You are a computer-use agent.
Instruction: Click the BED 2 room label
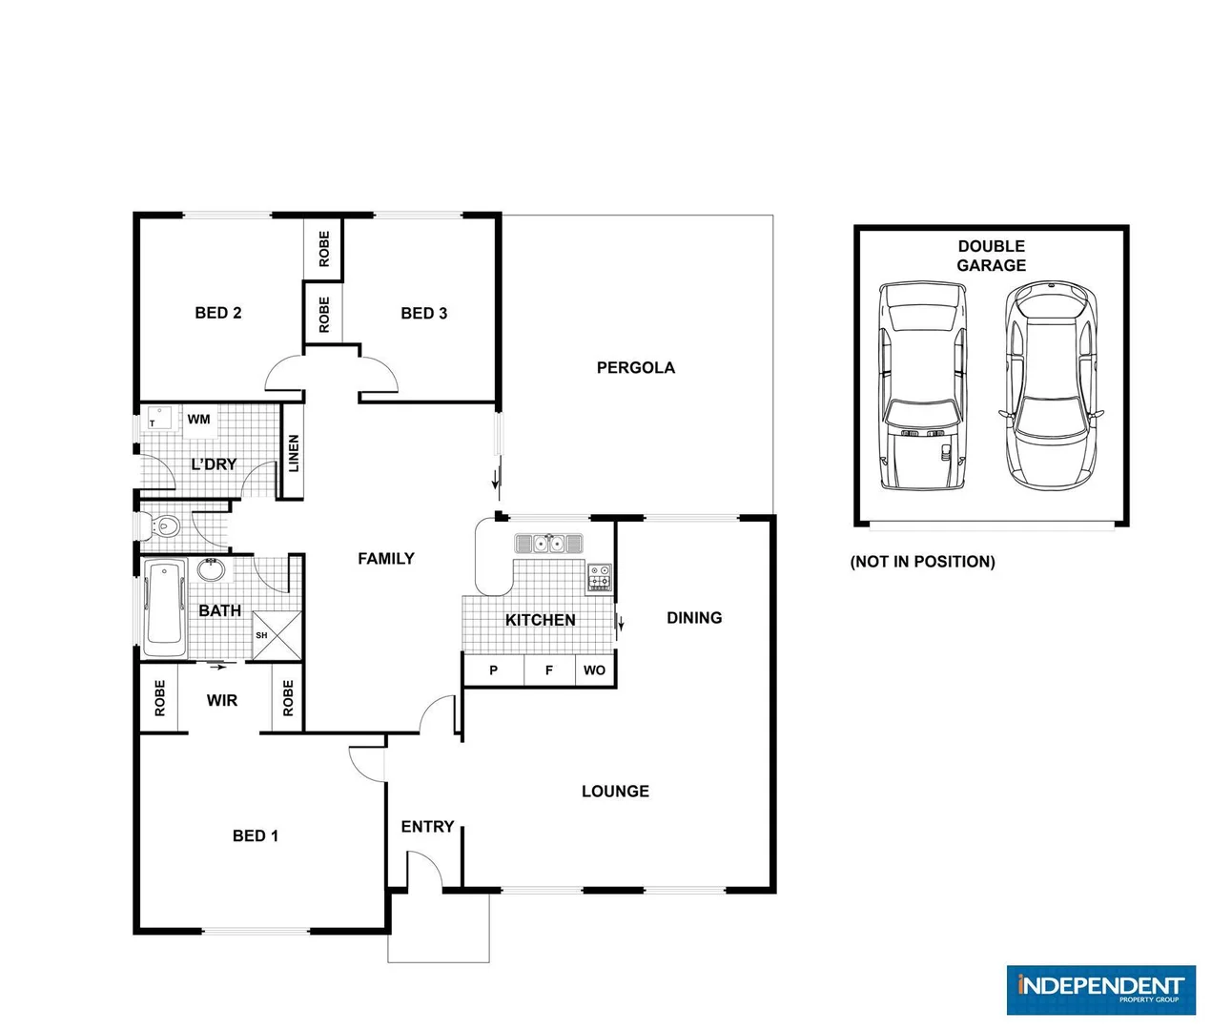pyautogui.click(x=217, y=313)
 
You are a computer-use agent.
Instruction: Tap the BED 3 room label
pyautogui.click(x=423, y=313)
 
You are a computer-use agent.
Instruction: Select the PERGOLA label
pyautogui.click(x=635, y=367)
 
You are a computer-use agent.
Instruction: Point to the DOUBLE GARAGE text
pyautogui.click(x=992, y=256)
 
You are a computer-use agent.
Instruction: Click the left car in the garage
pyautogui.click(x=923, y=386)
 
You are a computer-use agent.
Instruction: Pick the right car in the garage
pyautogui.click(x=1051, y=386)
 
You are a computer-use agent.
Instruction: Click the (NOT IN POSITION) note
pyautogui.click(x=922, y=562)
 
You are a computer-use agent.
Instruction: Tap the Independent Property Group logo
pyautogui.click(x=1100, y=989)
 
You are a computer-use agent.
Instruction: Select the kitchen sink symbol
pyautogui.click(x=548, y=544)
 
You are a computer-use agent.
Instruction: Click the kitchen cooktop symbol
pyautogui.click(x=599, y=577)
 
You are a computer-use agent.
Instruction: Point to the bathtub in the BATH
pyautogui.click(x=165, y=608)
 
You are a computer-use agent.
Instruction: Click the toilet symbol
pyautogui.click(x=165, y=525)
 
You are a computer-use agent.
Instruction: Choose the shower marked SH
pyautogui.click(x=276, y=634)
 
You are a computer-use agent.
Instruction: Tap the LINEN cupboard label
pyautogui.click(x=294, y=453)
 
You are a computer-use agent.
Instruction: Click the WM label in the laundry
pyautogui.click(x=198, y=419)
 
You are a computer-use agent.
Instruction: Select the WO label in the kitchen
pyautogui.click(x=594, y=670)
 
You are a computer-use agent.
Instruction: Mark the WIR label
pyautogui.click(x=221, y=700)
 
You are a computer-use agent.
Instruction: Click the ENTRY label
pyautogui.click(x=427, y=826)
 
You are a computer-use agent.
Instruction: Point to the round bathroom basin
pyautogui.click(x=211, y=570)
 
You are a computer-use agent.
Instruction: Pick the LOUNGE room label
pyautogui.click(x=615, y=791)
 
